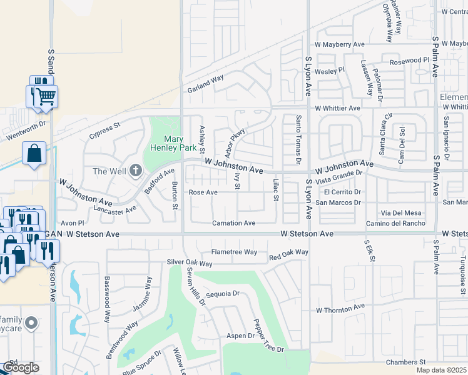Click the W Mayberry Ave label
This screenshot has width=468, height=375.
pos(339,44)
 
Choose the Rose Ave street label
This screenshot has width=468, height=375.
pos(203,192)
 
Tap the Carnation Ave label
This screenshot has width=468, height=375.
pos(233,223)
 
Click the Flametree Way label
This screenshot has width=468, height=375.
pos(234,252)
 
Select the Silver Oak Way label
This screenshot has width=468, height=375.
pos(191,262)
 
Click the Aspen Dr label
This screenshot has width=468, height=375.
pos(240,336)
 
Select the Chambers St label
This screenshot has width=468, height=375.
pos(405,362)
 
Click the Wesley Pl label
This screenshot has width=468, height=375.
pos(330,71)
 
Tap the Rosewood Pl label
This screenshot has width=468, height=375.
pos(409,61)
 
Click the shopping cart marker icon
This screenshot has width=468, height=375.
pos(44,97)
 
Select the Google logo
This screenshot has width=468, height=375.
pos(21,367)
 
